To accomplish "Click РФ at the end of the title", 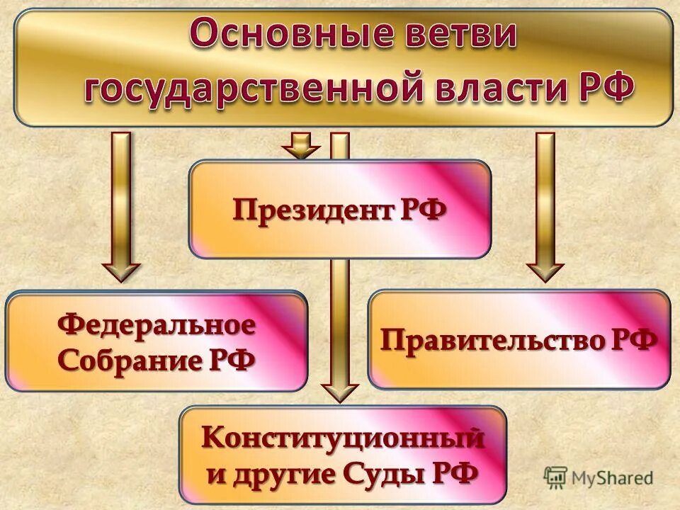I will point(599,91).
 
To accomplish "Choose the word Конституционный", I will point(343,438).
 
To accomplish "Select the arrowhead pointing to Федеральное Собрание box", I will point(121,271).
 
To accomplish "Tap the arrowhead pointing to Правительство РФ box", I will point(545,271).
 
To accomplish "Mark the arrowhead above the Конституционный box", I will point(340,392).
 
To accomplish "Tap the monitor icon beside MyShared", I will point(555,477).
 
